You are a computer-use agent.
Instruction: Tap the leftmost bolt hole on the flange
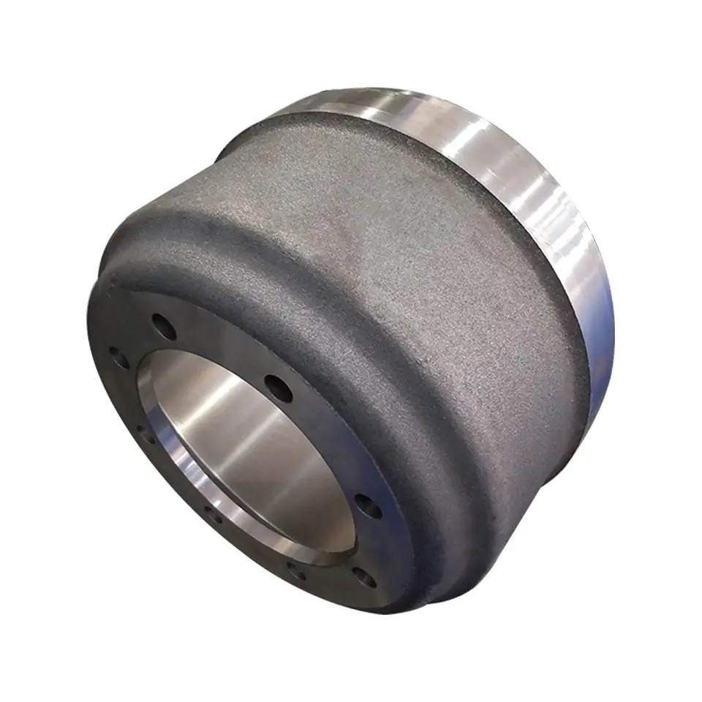pos(117,361)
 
